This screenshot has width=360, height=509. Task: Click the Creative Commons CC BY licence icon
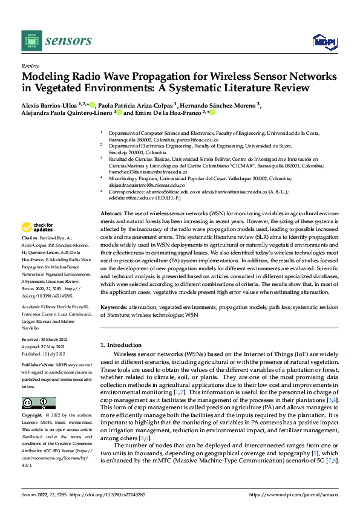(x=38, y=403)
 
